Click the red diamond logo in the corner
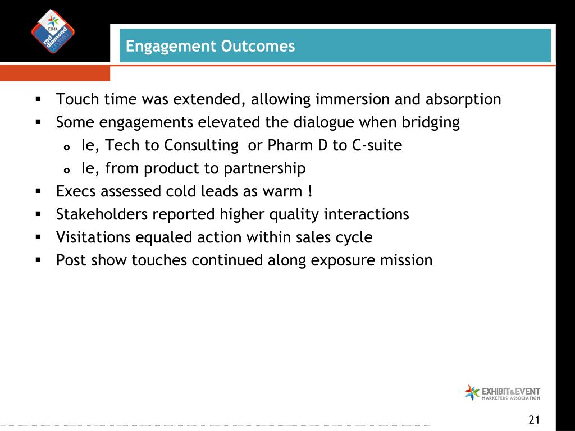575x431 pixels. (53, 31)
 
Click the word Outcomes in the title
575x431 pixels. (258, 46)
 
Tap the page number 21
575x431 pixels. (534, 420)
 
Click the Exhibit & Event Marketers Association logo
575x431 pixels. (502, 392)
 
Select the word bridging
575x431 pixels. (431, 123)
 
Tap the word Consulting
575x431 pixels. (201, 146)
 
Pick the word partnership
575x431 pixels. (264, 169)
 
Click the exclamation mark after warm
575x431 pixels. (310, 191)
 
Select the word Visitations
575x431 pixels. (93, 237)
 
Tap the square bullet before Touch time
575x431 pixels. (39, 99)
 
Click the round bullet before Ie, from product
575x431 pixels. (66, 171)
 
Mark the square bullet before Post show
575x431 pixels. (39, 260)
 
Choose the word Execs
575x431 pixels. (76, 191)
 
